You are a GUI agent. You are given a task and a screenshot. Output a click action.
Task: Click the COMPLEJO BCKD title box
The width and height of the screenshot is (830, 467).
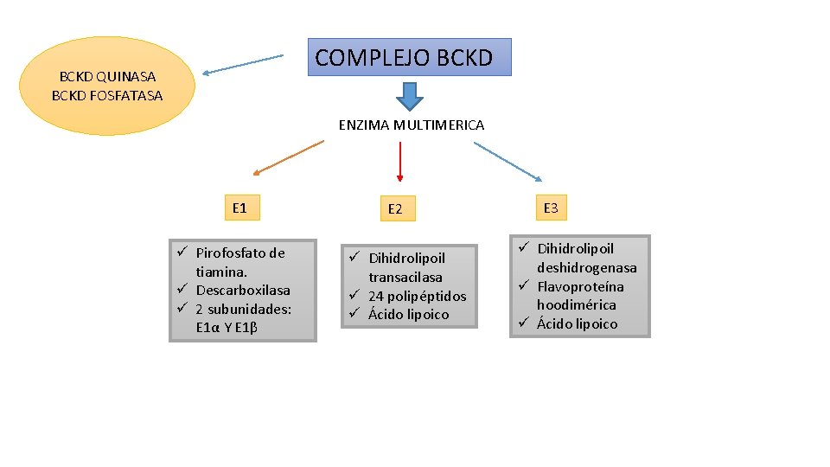pos(410,58)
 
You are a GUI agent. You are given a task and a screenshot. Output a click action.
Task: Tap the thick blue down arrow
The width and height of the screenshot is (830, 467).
pos(409,96)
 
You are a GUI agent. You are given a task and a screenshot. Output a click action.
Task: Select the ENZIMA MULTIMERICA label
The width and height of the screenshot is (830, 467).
pos(412,125)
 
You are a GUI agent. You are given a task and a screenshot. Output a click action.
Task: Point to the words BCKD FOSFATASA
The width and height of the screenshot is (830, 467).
pos(107,95)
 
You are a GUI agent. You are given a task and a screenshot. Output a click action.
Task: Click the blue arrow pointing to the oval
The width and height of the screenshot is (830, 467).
pos(243,65)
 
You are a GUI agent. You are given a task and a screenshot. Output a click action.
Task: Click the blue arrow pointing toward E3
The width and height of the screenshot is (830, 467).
pos(509,162)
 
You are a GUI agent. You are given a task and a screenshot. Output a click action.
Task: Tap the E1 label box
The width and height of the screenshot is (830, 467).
pos(239,208)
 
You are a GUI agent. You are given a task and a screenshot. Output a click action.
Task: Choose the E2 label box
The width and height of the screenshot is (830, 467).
pos(395,209)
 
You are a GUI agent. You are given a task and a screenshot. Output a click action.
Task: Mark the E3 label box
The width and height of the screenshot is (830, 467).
pos(551,208)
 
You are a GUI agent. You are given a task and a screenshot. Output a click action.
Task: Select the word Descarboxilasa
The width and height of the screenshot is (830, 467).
pos(243,291)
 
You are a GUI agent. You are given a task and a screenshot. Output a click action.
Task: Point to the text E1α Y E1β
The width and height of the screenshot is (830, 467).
pos(228,327)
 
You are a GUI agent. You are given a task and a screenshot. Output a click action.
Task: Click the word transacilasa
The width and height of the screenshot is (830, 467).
pos(405,278)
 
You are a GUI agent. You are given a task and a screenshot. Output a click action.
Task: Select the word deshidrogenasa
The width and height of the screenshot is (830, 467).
pos(586,268)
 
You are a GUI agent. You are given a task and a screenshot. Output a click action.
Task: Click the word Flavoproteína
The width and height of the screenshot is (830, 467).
pos(580,286)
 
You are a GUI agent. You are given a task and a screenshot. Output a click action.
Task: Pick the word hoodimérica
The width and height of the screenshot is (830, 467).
pos(577,304)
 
